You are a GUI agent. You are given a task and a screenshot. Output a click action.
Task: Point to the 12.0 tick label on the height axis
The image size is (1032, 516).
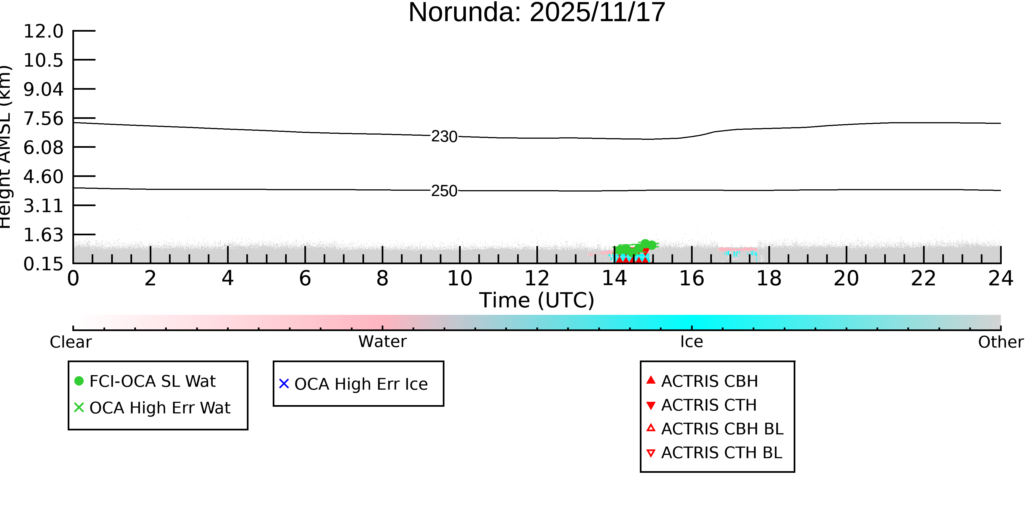click(43, 31)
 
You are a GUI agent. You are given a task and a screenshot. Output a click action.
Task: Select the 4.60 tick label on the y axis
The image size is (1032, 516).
click(43, 177)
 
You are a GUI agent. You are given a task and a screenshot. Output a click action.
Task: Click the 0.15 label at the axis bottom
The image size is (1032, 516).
click(43, 264)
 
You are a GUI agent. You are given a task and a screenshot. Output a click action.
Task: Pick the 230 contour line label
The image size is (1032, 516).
click(444, 136)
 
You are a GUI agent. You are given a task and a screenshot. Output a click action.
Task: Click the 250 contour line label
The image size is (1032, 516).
click(444, 191)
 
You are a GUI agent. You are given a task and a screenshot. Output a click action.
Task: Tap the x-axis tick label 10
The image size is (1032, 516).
click(460, 279)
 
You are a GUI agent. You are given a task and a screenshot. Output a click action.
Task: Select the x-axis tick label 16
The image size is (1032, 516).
click(692, 279)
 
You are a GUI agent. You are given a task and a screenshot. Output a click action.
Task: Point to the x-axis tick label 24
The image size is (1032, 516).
click(1001, 279)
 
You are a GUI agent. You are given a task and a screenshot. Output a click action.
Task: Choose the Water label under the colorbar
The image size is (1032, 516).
click(383, 342)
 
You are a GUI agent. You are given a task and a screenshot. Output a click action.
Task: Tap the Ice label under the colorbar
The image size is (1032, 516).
click(692, 342)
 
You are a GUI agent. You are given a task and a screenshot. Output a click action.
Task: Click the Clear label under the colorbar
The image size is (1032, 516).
click(71, 342)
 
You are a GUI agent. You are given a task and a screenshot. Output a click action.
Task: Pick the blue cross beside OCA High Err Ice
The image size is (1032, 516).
click(284, 384)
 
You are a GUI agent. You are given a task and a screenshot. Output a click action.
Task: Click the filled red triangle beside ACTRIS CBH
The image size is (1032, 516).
click(651, 380)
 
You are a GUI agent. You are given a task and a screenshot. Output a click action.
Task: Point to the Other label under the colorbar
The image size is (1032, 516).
click(1001, 342)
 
